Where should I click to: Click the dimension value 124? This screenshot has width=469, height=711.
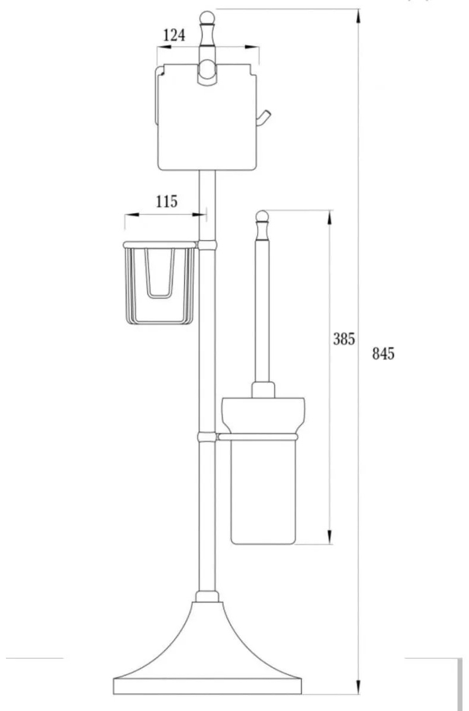[x=174, y=35]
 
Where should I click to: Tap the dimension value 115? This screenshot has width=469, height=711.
[x=166, y=201]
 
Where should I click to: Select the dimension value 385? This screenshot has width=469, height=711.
[x=343, y=339]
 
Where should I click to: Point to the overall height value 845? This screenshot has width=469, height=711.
[x=383, y=354]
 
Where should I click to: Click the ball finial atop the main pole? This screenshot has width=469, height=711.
[x=207, y=17]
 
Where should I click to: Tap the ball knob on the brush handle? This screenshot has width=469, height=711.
[x=262, y=216]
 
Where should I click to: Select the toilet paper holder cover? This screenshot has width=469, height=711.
[x=206, y=117]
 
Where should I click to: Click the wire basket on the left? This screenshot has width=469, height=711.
[x=160, y=283]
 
